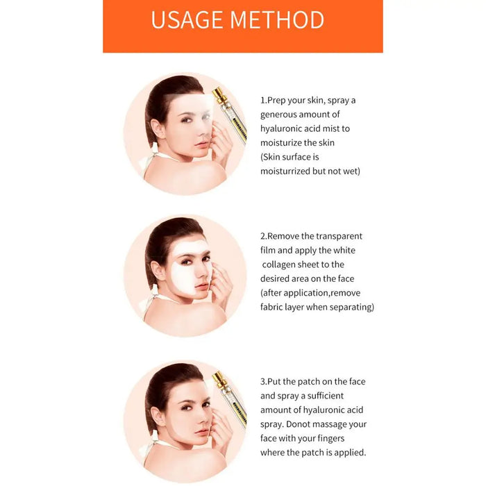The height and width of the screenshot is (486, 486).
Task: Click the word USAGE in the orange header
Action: point(187,19)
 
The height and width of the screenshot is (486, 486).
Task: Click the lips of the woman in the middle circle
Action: point(202,287)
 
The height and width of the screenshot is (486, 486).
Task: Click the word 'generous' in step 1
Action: point(282,115)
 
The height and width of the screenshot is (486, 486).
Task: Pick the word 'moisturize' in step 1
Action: point(284,143)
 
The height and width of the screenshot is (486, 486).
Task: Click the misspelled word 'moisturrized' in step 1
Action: point(288,171)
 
